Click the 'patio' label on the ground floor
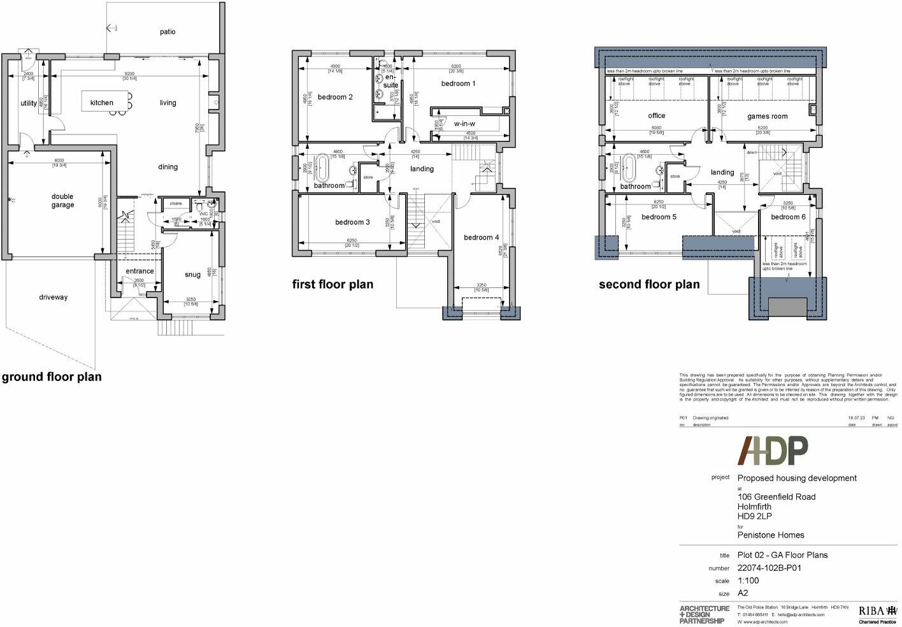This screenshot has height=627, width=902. pyautogui.click(x=168, y=32)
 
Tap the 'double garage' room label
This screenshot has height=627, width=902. pyautogui.click(x=62, y=201)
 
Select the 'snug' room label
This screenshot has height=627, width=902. pyautogui.click(x=192, y=275)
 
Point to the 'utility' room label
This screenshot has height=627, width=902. pyautogui.click(x=29, y=103)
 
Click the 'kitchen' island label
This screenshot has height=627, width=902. pyautogui.click(x=102, y=103)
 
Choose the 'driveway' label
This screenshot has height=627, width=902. pyautogui.click(x=53, y=297)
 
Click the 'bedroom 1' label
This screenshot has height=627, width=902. pyautogui.click(x=458, y=83)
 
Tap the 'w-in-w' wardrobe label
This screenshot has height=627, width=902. pyautogui.click(x=464, y=124)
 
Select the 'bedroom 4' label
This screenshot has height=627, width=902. pyautogui.click(x=481, y=238)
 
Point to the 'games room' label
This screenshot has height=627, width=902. pyautogui.click(x=767, y=117)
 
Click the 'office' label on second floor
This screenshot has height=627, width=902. pyautogui.click(x=656, y=116)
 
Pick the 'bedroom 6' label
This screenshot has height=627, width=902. pyautogui.click(x=787, y=217)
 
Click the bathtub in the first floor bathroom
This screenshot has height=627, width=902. pyautogui.click(x=322, y=171)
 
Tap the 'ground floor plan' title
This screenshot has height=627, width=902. pyautogui.click(x=52, y=377)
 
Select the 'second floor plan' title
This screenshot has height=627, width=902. pyautogui.click(x=648, y=285)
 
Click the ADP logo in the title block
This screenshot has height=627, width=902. pyautogui.click(x=773, y=451)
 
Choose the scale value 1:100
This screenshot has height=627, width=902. pyautogui.click(x=748, y=580)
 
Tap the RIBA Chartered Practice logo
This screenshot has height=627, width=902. pyautogui.click(x=877, y=613)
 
